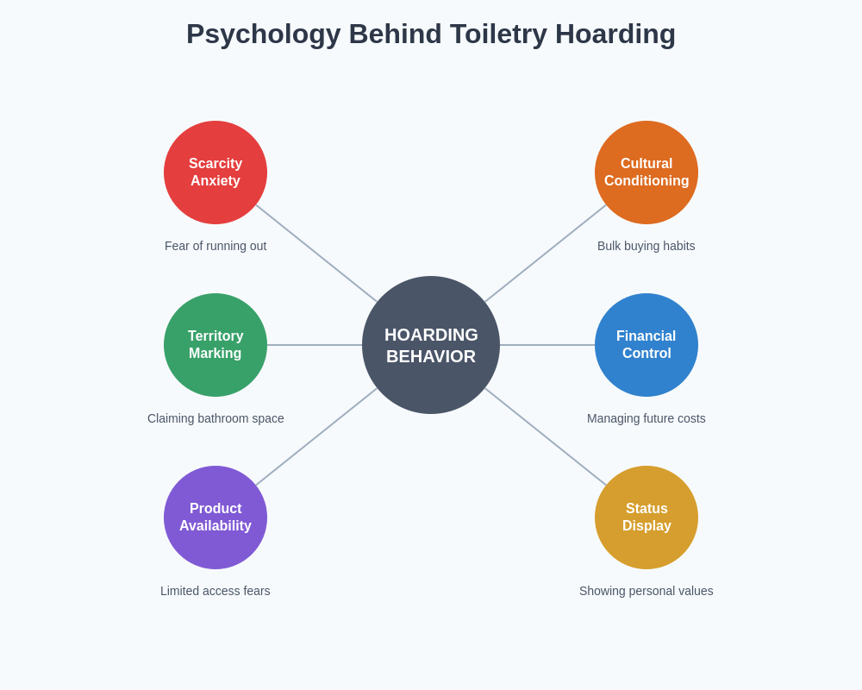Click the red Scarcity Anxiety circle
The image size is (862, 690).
[215, 172]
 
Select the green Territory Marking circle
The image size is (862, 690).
[215, 345]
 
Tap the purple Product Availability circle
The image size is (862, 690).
[215, 517]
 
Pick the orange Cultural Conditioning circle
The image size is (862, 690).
[646, 172]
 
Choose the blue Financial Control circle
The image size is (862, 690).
[646, 345]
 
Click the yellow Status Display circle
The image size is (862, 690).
[646, 517]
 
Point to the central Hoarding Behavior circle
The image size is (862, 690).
[431, 345]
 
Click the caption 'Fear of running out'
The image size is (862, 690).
[215, 246]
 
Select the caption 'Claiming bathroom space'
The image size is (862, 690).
[215, 418]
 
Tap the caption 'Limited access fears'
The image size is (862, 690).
[215, 591]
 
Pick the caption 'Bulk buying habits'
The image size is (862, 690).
[646, 246]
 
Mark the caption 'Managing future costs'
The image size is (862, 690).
[646, 418]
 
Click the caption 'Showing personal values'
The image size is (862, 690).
[646, 591]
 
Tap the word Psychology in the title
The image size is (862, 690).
[263, 34]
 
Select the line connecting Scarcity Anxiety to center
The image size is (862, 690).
[316, 254]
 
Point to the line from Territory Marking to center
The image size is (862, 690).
[315, 345]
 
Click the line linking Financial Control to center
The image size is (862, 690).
[547, 345]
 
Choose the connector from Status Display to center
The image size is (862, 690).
[546, 436]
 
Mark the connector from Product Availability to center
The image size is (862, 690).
[316, 436]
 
